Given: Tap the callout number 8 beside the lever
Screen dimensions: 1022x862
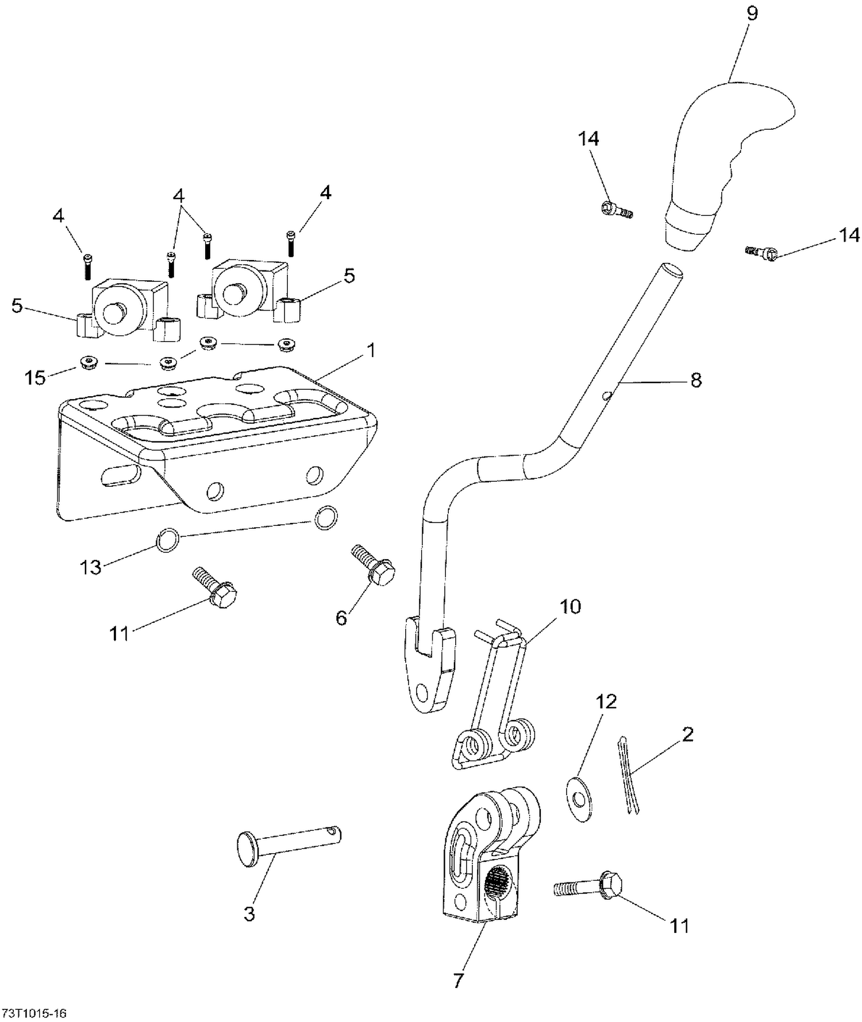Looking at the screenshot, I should click(696, 380).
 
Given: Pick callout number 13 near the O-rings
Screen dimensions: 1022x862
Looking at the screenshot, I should click(90, 567).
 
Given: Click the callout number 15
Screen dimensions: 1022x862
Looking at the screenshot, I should click(35, 378).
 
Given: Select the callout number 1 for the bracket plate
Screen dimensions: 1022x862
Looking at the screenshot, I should click(371, 350).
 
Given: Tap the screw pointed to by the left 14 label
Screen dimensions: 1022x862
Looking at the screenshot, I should click(615, 210).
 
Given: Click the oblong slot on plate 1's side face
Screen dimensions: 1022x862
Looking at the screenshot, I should click(120, 474).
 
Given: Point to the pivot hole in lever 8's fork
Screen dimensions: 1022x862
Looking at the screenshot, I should click(424, 690).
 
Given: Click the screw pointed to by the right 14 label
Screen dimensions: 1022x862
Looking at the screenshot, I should click(761, 253).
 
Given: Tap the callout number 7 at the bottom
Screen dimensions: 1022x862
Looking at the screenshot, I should click(457, 981).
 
